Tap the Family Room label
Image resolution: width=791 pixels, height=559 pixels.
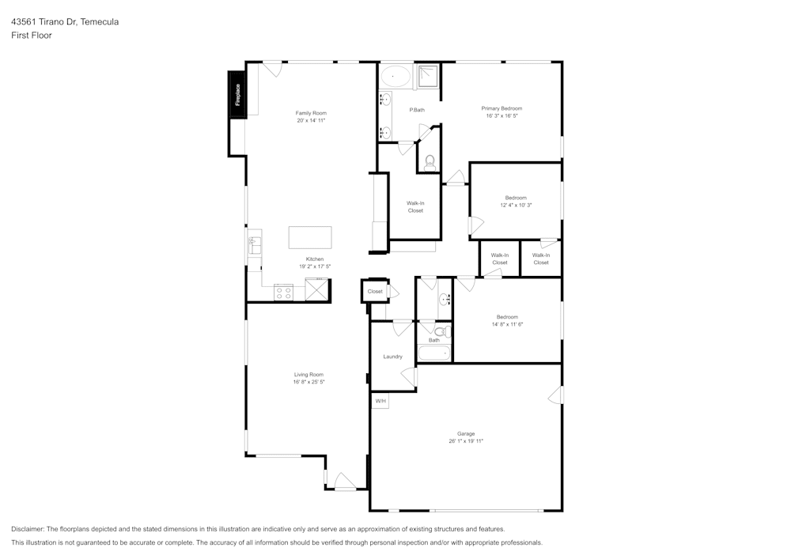coord(311,113)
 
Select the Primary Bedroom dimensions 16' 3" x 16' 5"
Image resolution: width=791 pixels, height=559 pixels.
coord(501,116)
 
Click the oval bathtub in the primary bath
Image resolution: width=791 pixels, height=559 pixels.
coord(395,77)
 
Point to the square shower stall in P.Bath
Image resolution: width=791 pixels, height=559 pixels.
coord(427,77)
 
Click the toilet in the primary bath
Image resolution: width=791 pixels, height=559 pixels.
coord(430,163)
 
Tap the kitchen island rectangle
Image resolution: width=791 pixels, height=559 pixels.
coord(310,237)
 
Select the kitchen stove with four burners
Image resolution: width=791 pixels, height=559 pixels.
coord(283,293)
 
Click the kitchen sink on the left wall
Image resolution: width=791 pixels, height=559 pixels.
coord(255,246)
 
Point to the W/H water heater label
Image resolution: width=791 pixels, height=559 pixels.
coord(380,402)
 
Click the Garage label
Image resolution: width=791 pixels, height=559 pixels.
coord(466,433)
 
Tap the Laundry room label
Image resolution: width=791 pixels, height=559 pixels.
coord(392,357)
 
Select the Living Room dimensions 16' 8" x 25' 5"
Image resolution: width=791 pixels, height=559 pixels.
coord(308,382)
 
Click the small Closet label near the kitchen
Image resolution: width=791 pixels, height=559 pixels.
coord(375,292)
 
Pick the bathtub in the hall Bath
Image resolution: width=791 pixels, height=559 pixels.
coord(434,353)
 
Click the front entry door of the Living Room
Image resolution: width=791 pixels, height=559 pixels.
coord(345,482)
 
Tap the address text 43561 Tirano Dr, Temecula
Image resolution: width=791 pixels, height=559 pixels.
coord(65,22)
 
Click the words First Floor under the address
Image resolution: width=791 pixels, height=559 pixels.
coord(32,36)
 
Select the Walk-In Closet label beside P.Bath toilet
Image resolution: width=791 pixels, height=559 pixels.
coord(415,207)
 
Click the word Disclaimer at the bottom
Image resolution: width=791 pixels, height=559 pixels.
coord(28,529)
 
